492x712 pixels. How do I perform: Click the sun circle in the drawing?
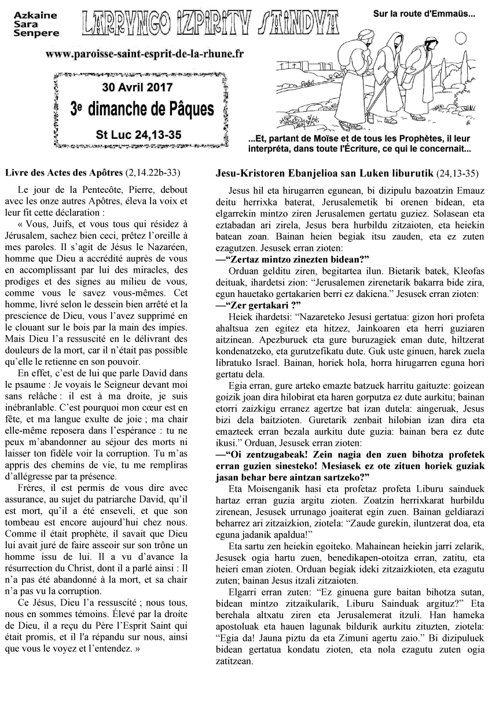(461, 38)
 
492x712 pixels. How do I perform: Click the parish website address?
(144, 53)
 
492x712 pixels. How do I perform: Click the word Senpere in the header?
(36, 34)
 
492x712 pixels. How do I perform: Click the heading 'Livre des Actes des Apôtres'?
(64, 173)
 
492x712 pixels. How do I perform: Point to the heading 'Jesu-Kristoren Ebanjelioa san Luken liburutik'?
(324, 173)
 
